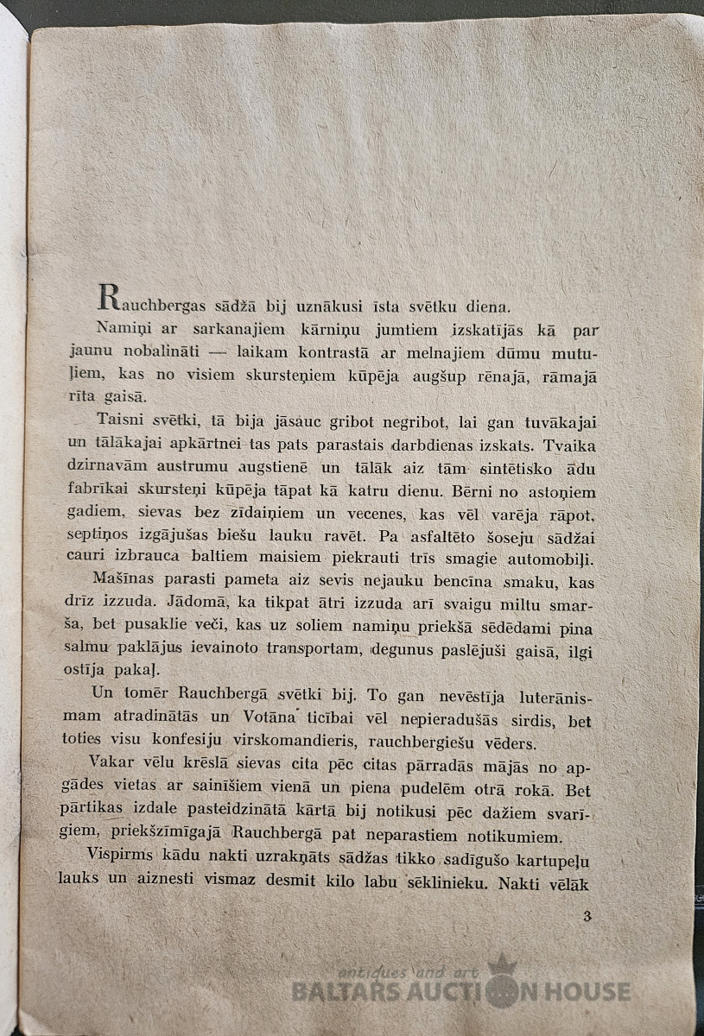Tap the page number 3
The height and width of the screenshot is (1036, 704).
[x=587, y=916]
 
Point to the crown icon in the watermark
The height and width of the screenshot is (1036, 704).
[x=501, y=963]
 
